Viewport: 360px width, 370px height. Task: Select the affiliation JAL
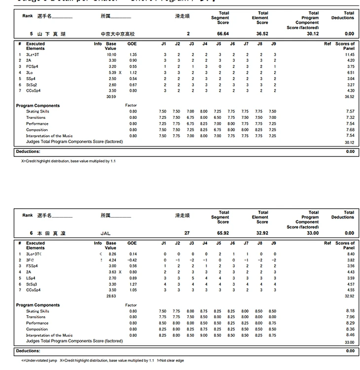click(106, 233)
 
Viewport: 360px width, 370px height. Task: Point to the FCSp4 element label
click(32, 67)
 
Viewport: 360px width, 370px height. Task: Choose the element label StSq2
click(32, 85)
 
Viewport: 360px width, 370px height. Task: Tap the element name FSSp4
click(32, 266)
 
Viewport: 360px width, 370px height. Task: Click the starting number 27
click(188, 233)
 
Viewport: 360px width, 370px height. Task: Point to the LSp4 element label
click(31, 278)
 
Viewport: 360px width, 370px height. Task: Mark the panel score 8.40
click(350, 254)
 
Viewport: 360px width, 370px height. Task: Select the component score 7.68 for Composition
click(350, 130)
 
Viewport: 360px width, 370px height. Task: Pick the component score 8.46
click(350, 335)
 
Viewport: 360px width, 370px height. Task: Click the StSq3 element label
click(32, 284)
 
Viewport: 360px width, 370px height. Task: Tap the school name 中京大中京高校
click(117, 34)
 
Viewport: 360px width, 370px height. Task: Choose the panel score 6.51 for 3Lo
click(350, 73)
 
